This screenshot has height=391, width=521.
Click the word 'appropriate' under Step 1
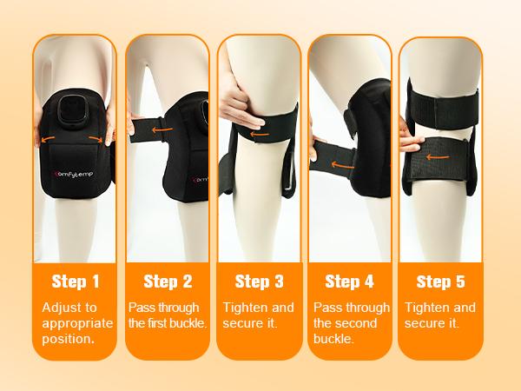coord(76,323)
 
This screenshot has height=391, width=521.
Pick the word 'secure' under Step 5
coord(425,323)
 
